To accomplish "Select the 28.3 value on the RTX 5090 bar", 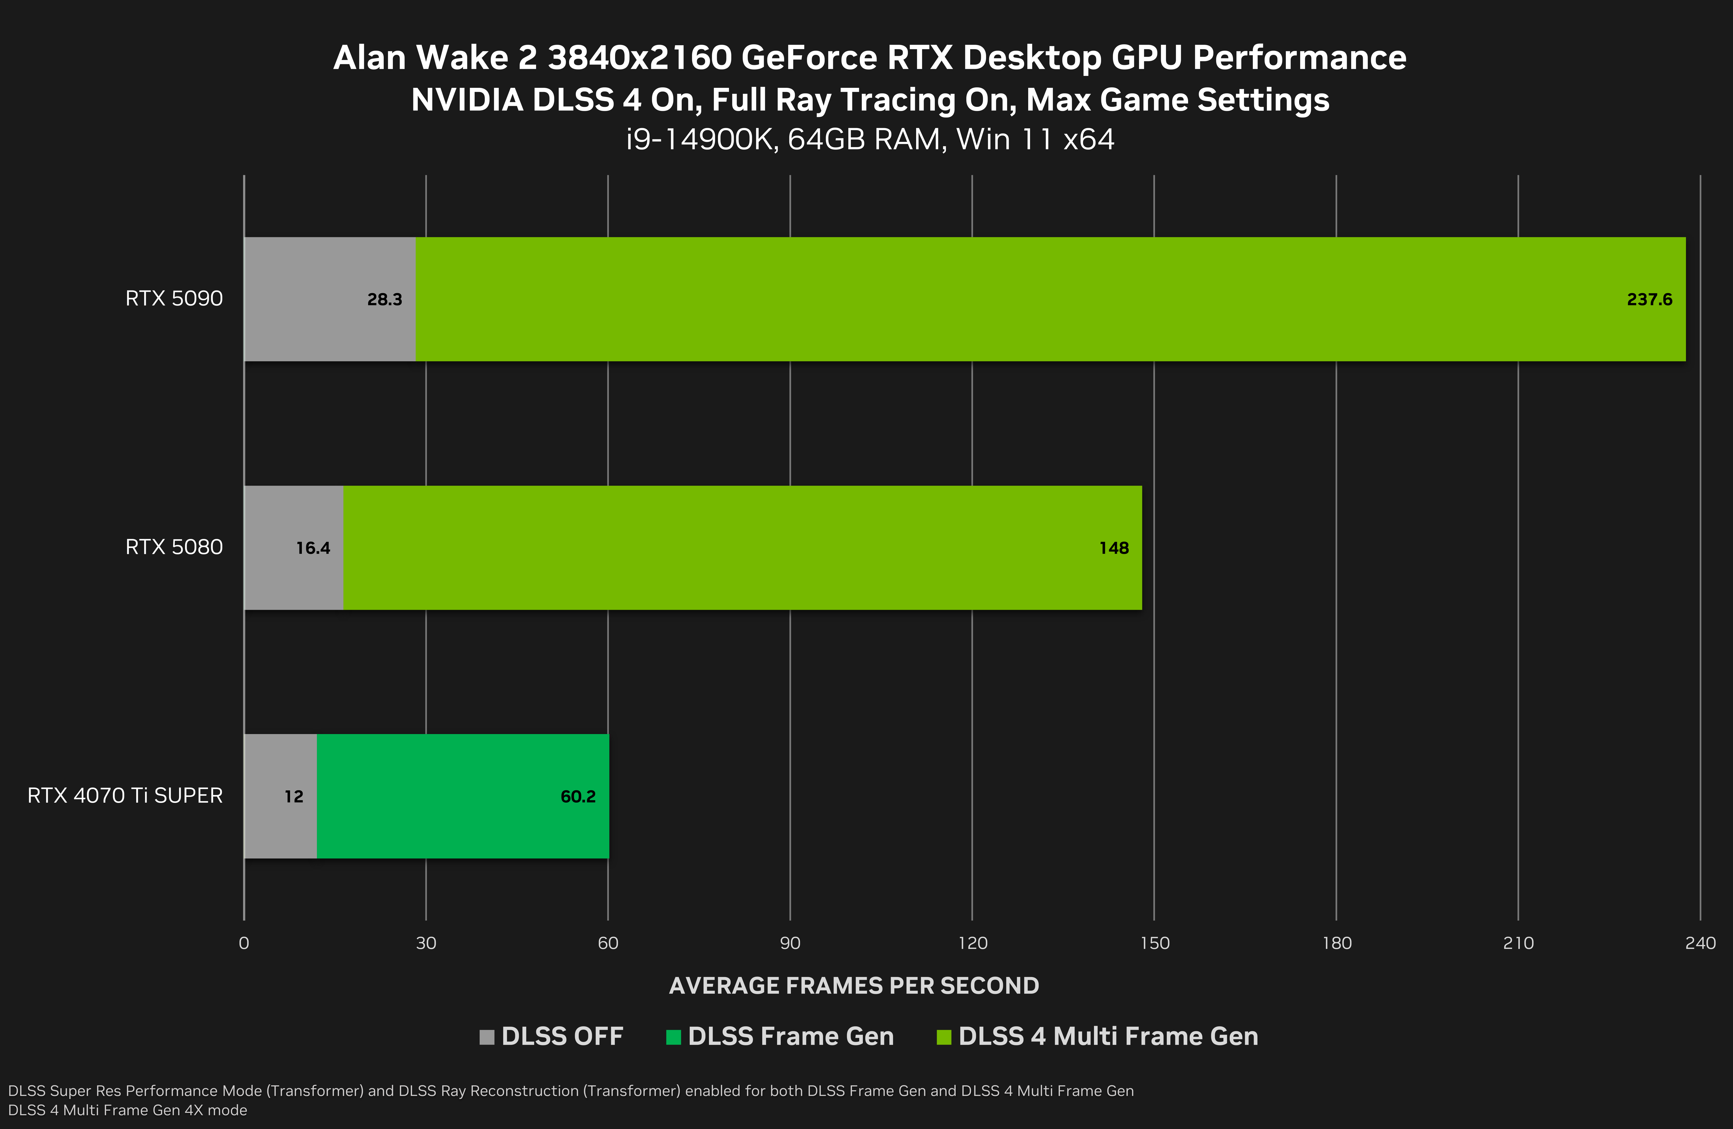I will (x=385, y=299).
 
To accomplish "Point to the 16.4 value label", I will (x=313, y=548).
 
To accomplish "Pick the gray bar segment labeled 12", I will (x=280, y=796).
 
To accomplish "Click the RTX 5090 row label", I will (x=174, y=299).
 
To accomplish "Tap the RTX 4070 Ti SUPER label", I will (x=125, y=796).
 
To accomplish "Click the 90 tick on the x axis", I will (x=790, y=943).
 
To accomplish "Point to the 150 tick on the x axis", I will (x=1154, y=943).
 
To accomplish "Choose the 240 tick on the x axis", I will (x=1700, y=943).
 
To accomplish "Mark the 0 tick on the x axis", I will (x=244, y=943).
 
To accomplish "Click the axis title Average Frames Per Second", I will (x=854, y=986).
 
